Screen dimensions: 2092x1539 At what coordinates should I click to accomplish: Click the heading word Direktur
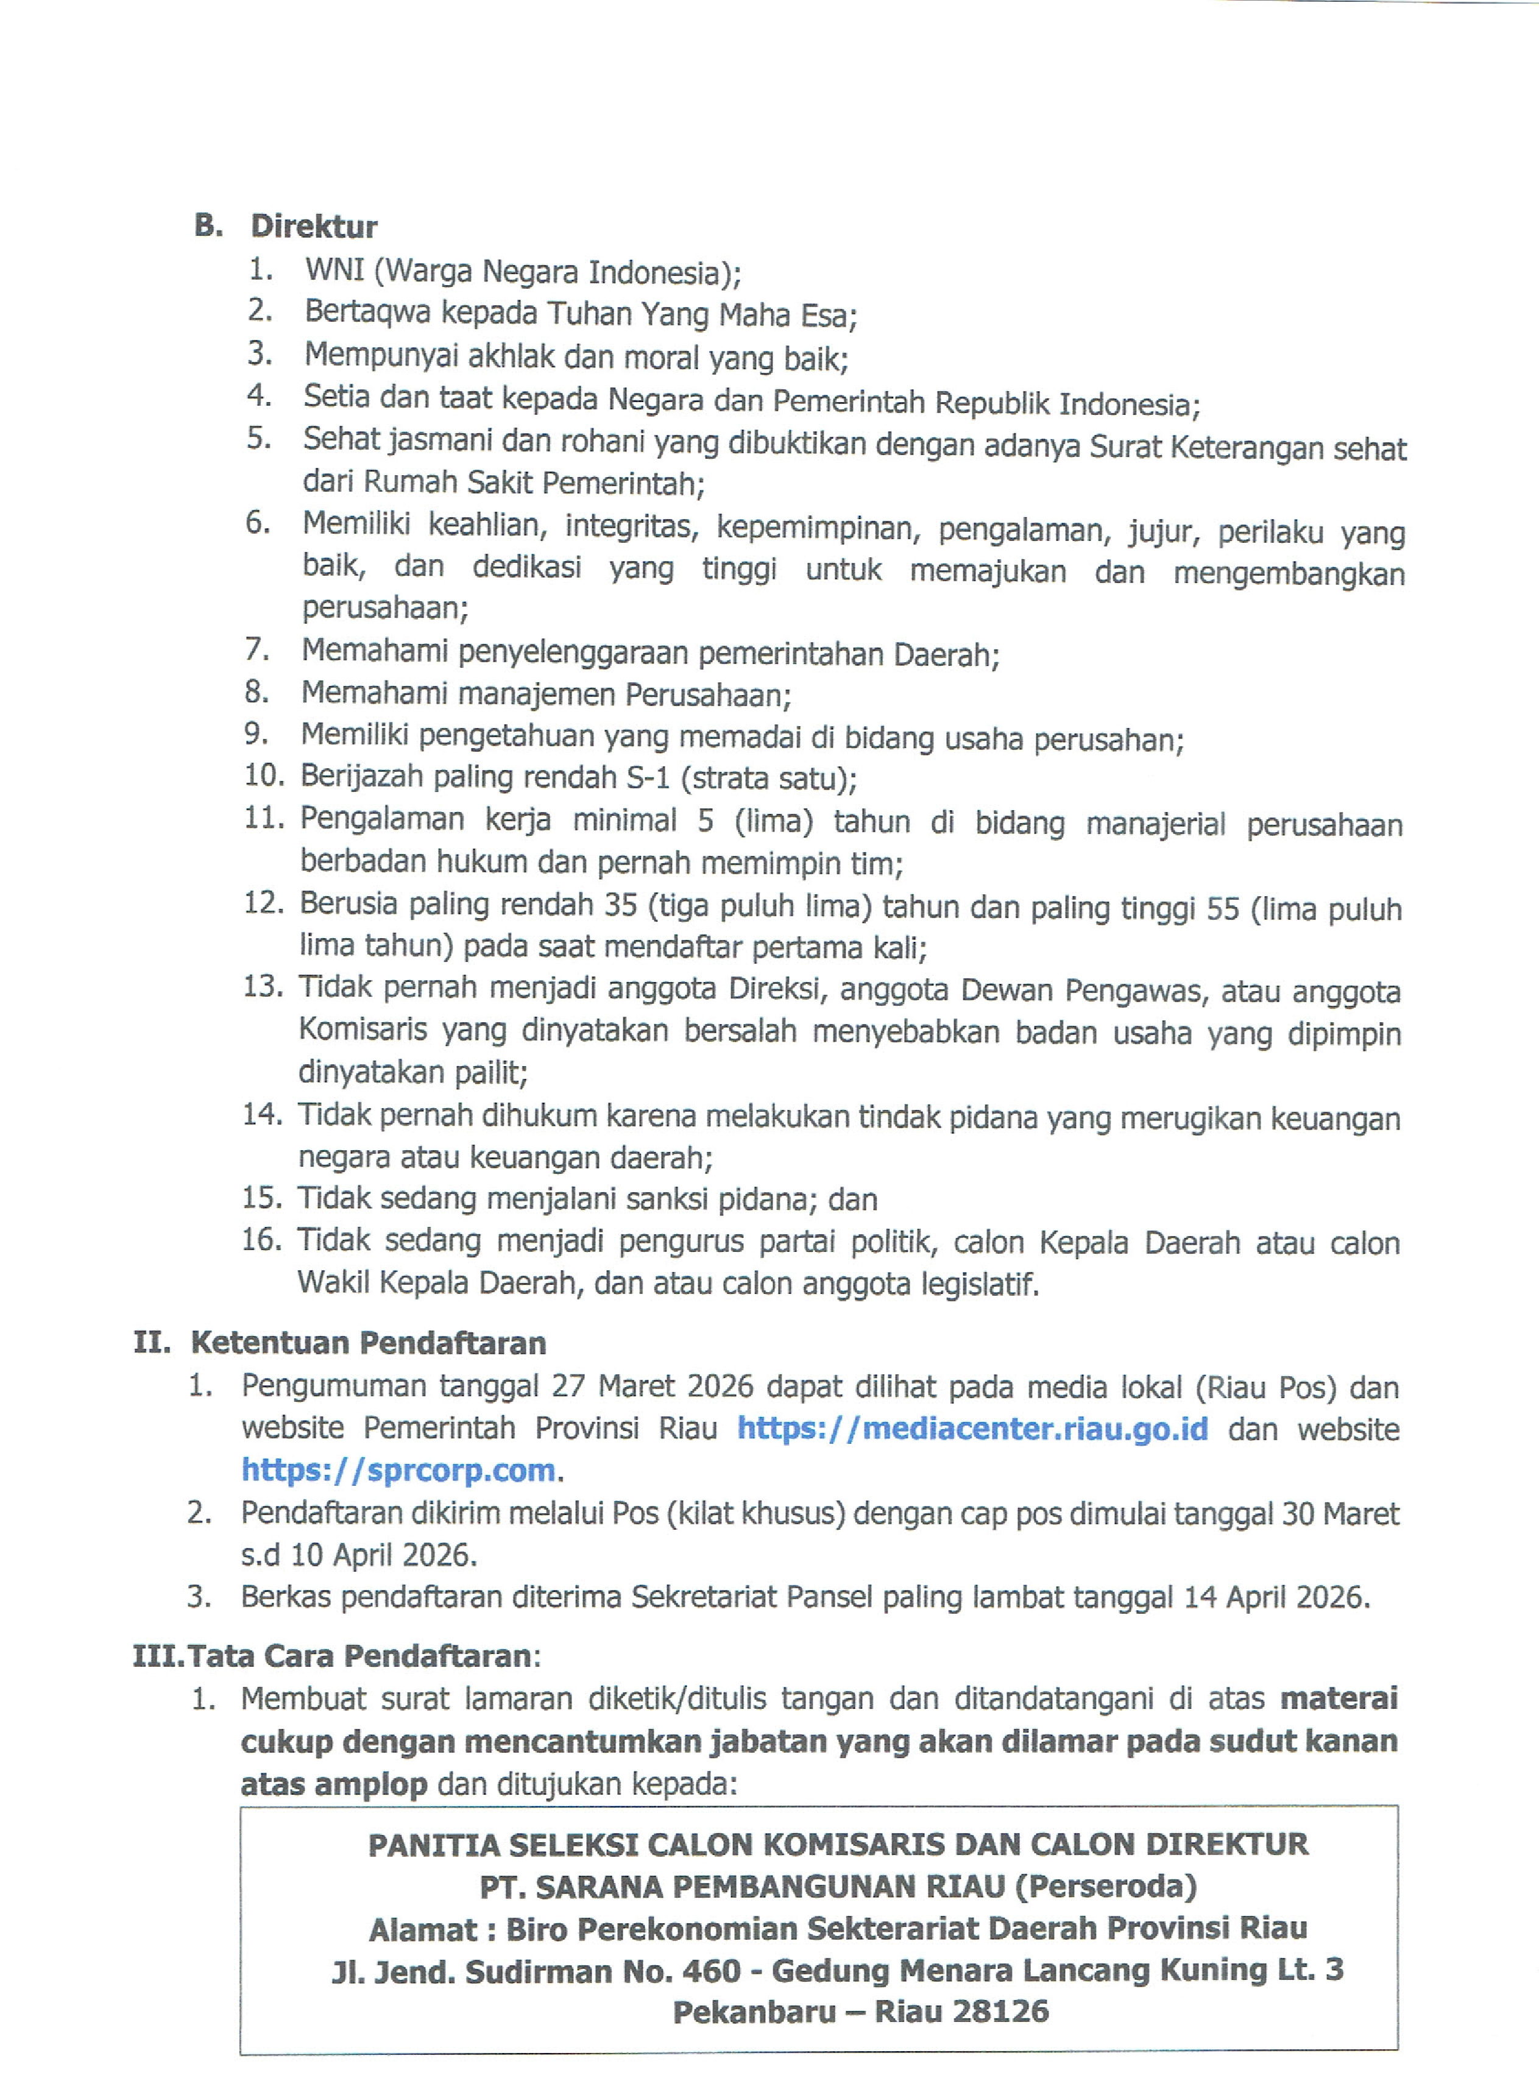[314, 227]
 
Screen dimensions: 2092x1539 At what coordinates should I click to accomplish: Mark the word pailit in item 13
[490, 1072]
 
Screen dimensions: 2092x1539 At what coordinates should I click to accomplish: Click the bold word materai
[1339, 1698]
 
